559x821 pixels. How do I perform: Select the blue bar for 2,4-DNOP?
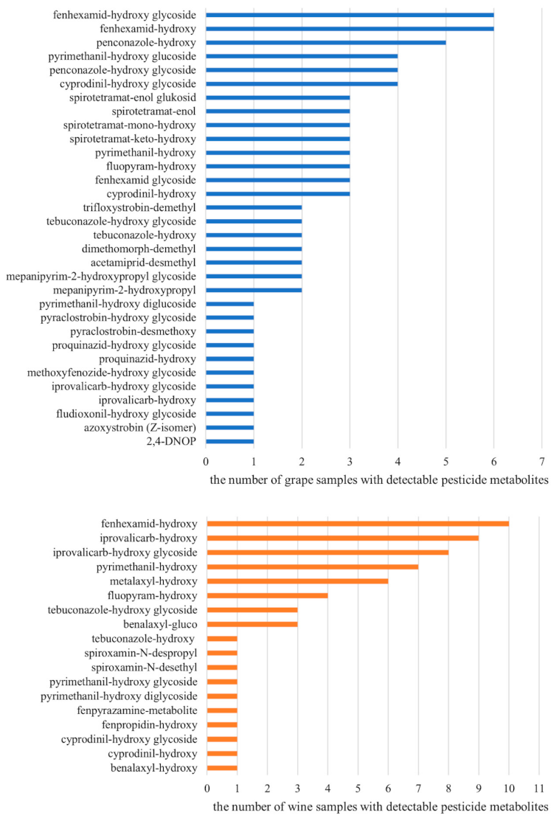pyautogui.click(x=229, y=441)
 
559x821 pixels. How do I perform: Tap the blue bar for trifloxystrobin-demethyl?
pyautogui.click(x=254, y=207)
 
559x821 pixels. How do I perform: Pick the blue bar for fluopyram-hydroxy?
pyautogui.click(x=277, y=166)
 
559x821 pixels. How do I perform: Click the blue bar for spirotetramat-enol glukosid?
pyautogui.click(x=277, y=97)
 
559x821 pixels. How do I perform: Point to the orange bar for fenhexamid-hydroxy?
pyautogui.click(x=358, y=524)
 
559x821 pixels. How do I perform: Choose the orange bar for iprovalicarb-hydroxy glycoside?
pyautogui.click(x=327, y=552)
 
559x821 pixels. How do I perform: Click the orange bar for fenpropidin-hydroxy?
pyautogui.click(x=222, y=724)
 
